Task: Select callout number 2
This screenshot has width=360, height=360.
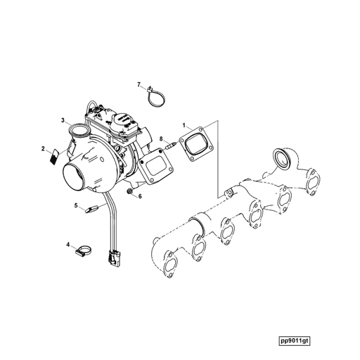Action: coord(44,149)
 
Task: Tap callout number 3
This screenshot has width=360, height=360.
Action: coord(63,121)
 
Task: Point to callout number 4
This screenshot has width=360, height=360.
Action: coord(69,245)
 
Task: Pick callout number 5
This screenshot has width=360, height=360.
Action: coord(76,205)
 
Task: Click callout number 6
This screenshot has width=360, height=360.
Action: coord(139,196)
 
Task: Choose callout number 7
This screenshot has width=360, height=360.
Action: coord(139,84)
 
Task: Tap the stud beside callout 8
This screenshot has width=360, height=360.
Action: coord(171,148)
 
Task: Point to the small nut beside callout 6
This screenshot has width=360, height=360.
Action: coord(130,191)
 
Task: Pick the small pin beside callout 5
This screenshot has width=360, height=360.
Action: coord(90,208)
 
